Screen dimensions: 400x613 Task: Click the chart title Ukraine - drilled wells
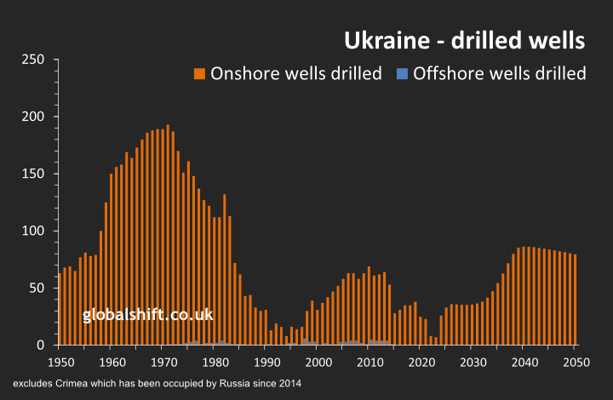tap(463, 41)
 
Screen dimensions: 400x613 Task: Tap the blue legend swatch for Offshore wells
tap(403, 73)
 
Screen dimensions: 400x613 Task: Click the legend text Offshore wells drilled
tap(499, 73)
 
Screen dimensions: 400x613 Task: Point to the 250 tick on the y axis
tap(34, 60)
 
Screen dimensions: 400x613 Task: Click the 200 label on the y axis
tap(34, 117)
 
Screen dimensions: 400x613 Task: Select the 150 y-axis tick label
tap(34, 174)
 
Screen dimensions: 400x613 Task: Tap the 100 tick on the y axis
tap(34, 231)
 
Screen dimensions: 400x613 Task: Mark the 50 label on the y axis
tap(37, 288)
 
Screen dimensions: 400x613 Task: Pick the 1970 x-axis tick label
tap(162, 363)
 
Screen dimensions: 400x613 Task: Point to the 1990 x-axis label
tap(266, 363)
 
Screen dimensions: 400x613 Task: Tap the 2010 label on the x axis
tap(369, 363)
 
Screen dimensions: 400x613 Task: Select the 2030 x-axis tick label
tap(472, 363)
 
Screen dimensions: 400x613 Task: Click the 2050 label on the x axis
tap(575, 363)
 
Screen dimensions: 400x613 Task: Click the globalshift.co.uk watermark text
tap(147, 316)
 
